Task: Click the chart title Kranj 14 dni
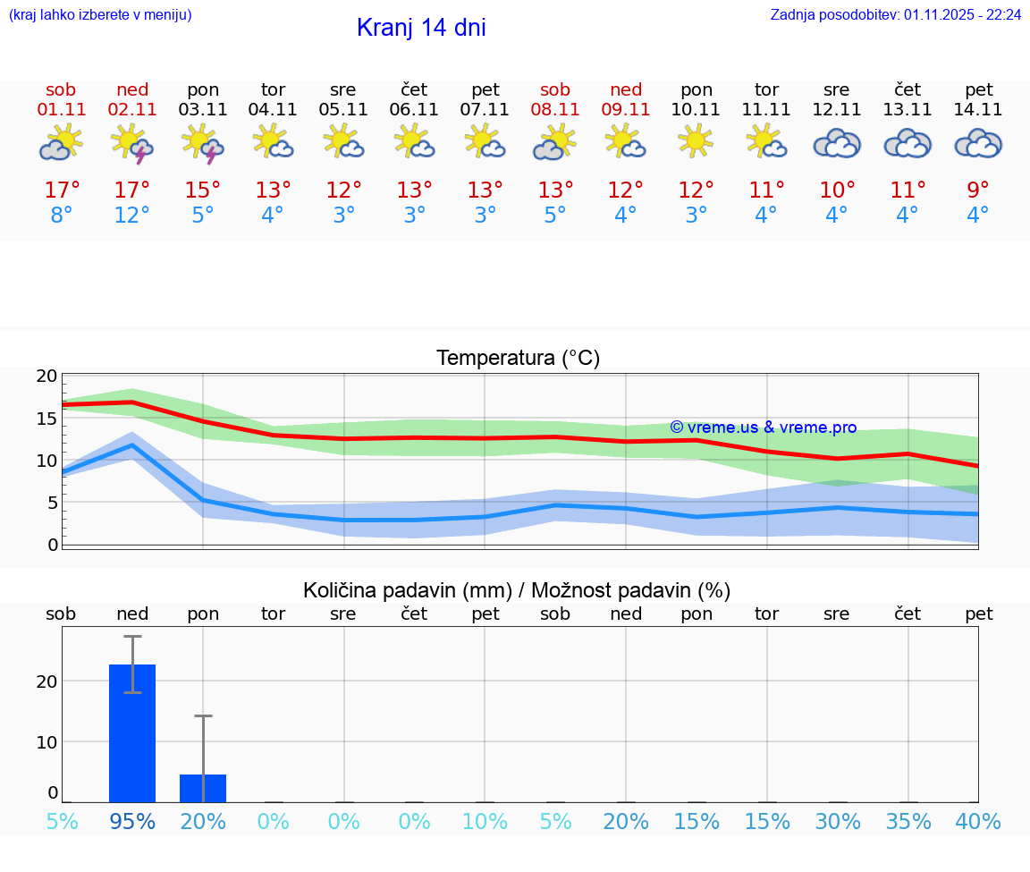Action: coord(421,28)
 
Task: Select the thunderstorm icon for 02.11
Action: coord(131,144)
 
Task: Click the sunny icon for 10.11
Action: coord(696,141)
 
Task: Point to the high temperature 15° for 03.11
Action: coord(203,190)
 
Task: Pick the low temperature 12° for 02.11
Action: coord(131,216)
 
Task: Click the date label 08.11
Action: coord(555,110)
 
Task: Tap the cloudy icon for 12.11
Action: coord(837,143)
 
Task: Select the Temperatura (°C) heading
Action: coord(518,359)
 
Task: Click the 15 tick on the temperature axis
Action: coord(46,419)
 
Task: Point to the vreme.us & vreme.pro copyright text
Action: coord(763,428)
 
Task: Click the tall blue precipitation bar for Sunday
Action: coord(132,733)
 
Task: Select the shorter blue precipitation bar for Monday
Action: coord(203,788)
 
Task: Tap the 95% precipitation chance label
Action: coord(132,821)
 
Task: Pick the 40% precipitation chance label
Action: coord(978,821)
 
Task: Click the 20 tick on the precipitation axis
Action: coord(46,681)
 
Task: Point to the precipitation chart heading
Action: coord(517,590)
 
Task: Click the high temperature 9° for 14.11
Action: coord(978,190)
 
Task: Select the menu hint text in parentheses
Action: coord(100,15)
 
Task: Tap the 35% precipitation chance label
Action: coord(908,821)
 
